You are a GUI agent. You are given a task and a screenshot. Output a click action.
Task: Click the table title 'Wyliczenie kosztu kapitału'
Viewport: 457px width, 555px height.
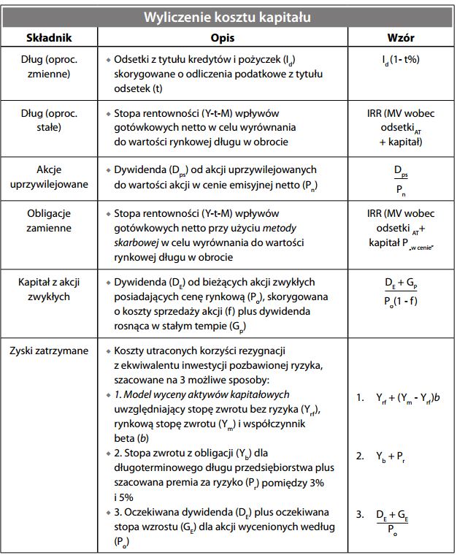pyautogui.click(x=228, y=16)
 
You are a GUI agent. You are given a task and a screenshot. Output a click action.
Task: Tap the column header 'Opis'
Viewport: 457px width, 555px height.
pyautogui.click(x=228, y=37)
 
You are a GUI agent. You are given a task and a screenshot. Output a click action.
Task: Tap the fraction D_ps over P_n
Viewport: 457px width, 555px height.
pyautogui.click(x=401, y=177)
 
